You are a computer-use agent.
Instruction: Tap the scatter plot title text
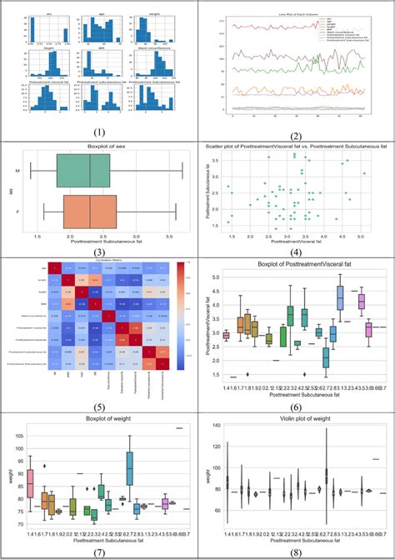296,146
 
